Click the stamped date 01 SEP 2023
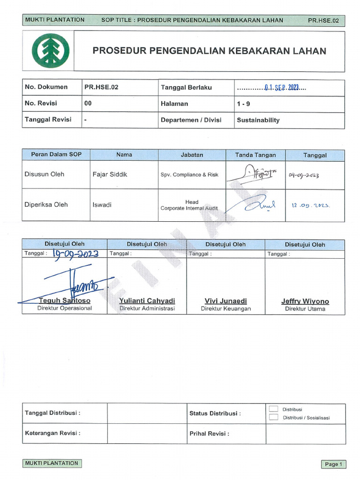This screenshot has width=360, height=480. coord(282,88)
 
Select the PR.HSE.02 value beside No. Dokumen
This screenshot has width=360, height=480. coord(97,87)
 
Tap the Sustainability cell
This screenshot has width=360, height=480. coord(258,120)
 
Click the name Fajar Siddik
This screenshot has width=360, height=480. coord(110,174)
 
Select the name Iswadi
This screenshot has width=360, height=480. coord(102,205)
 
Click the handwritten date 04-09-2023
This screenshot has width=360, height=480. coord(304,175)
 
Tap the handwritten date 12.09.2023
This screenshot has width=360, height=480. coord(311,205)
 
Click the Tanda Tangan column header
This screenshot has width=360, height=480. coord(255,155)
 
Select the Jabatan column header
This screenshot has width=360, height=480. coord(192,155)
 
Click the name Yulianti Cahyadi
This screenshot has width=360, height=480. coord(147,301)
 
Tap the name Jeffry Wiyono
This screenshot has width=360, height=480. coord(305,301)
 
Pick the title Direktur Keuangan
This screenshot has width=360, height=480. coord(225,309)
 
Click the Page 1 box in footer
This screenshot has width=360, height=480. coord(333,464)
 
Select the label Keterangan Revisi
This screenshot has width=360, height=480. coord(52,434)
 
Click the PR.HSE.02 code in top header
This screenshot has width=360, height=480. coord(323,21)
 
